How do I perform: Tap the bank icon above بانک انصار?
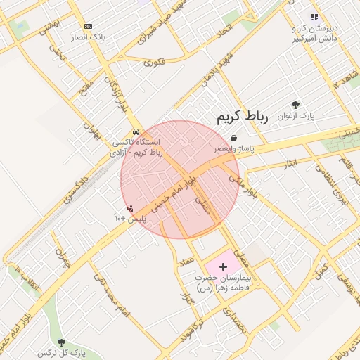[x=87, y=26]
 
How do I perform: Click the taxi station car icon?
[x=136, y=131]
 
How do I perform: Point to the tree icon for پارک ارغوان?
[x=296, y=105]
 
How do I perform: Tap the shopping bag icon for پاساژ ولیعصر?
[x=233, y=139]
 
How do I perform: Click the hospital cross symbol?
[x=224, y=266]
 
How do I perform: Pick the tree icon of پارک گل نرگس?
[x=61, y=342]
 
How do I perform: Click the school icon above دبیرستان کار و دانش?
[x=314, y=18]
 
